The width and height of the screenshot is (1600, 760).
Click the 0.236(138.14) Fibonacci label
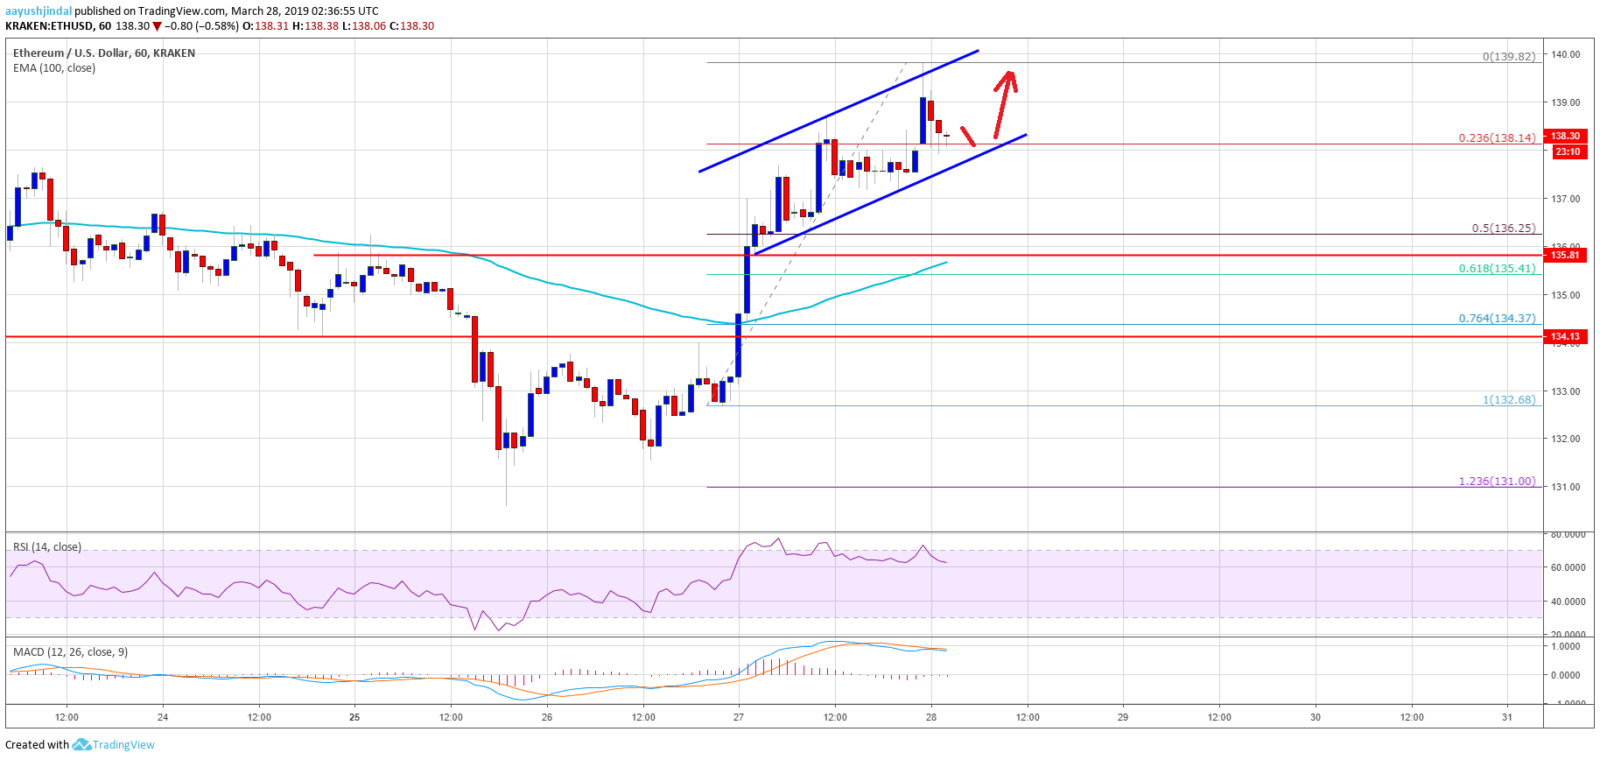[1497, 137]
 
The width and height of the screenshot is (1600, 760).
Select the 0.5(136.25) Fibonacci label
[1503, 228]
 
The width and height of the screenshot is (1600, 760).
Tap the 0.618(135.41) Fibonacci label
[1497, 268]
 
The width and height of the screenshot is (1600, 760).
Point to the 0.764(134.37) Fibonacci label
[1497, 318]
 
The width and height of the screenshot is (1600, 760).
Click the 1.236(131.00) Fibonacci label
[1497, 481]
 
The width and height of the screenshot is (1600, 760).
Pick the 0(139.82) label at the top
[1508, 56]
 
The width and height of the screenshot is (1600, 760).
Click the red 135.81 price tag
[1566, 255]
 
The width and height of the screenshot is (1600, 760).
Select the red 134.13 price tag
[1566, 336]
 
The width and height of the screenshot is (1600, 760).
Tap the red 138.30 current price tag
[1566, 136]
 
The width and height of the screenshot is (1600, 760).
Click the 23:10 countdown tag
[1567, 151]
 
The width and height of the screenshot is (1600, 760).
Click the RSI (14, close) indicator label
[47, 546]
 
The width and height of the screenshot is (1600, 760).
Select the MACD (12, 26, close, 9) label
[70, 651]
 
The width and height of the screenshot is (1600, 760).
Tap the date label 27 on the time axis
[739, 717]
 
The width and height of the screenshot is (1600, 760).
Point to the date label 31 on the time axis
[1506, 717]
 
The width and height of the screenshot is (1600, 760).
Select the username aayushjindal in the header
[39, 11]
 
